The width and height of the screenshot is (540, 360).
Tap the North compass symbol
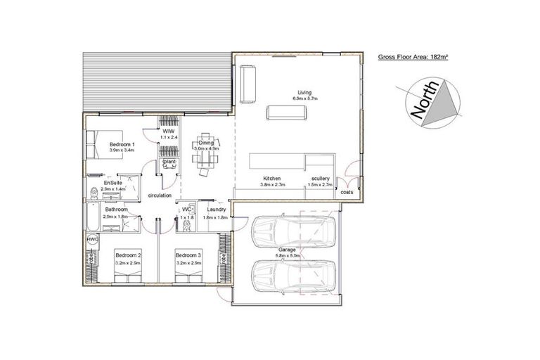pyautogui.click(x=427, y=103)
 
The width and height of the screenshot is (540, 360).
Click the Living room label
pyautogui.click(x=304, y=92)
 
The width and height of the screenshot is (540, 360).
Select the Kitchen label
pyautogui.click(x=272, y=178)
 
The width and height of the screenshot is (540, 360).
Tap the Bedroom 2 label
pyautogui.click(x=129, y=255)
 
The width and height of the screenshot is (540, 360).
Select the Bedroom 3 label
pyautogui.click(x=188, y=255)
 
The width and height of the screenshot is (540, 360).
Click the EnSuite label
pyautogui.click(x=113, y=183)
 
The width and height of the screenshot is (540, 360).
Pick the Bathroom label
pyautogui.click(x=116, y=209)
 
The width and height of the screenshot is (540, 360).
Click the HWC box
pyautogui.click(x=92, y=240)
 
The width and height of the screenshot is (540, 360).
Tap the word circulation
pyautogui.click(x=160, y=195)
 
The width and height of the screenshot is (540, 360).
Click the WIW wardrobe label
pyautogui.click(x=169, y=131)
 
